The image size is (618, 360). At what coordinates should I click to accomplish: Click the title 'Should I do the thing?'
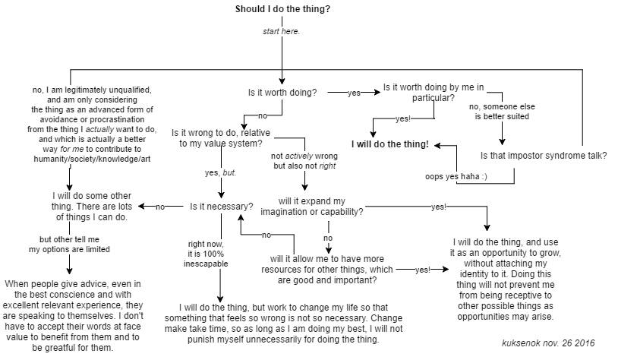pos(282,9)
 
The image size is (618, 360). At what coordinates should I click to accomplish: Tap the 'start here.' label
pos(281,31)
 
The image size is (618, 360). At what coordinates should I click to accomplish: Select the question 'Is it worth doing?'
pos(282,93)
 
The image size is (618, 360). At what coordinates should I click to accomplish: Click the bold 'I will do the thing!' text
pos(389,144)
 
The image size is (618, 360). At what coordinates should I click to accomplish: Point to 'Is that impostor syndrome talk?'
pos(543,156)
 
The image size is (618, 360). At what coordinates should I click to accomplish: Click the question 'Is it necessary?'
pos(222,206)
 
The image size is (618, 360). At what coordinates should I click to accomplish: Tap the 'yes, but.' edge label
pos(221,172)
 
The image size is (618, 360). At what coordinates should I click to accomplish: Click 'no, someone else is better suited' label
pos(502,112)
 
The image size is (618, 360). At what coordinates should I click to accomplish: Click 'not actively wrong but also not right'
pos(304,161)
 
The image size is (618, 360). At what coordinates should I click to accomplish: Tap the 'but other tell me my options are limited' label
pos(64,244)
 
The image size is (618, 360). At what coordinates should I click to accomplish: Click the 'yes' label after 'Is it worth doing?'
pos(354,93)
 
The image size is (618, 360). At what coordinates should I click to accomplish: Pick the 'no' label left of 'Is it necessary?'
pos(160,207)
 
